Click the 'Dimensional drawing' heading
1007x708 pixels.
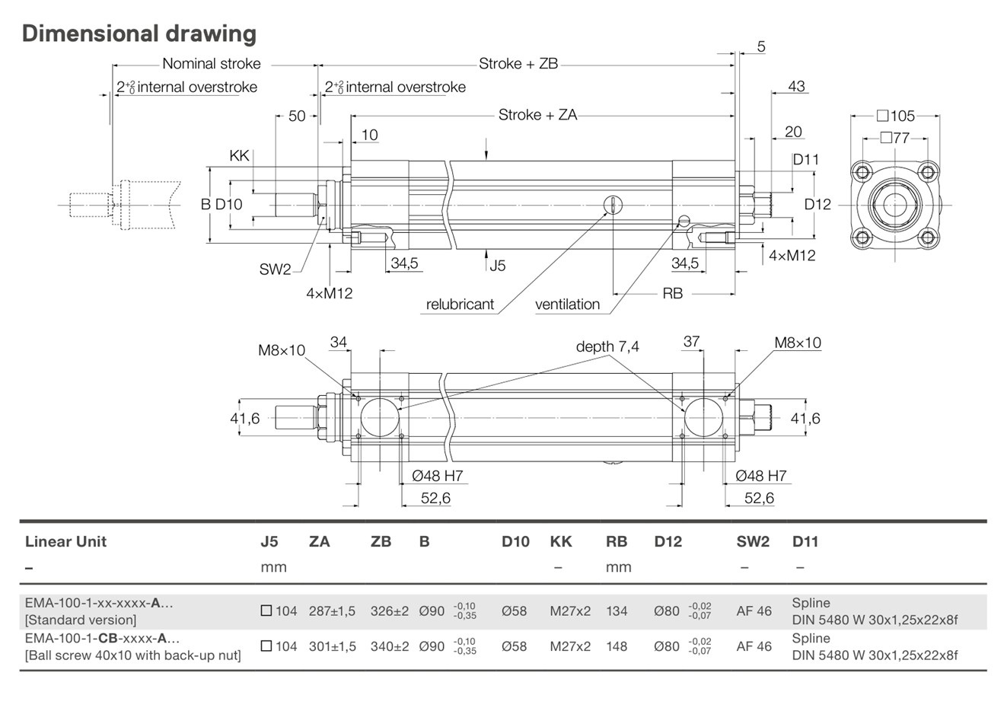pos(139,34)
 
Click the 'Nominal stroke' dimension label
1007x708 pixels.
pos(211,64)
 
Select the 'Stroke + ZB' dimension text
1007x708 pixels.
pos(518,64)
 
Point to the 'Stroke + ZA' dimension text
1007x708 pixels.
pos(537,115)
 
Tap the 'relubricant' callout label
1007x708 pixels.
pos(460,305)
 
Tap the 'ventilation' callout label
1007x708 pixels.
pos(567,305)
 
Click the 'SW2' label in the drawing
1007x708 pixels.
pos(275,269)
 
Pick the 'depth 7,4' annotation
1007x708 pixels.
pos(607,346)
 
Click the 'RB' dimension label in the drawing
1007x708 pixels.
pos(673,293)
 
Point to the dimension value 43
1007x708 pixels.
pos(796,87)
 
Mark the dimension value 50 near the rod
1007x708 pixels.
pos(297,116)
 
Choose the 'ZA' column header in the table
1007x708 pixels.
pos(320,542)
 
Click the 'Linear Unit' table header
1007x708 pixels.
pos(65,542)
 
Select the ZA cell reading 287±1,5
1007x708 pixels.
pos(332,611)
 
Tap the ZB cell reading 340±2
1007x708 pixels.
pos(390,646)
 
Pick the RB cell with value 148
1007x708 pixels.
pos(617,646)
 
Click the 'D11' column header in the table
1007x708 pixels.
pos(805,542)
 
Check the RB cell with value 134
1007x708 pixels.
pos(617,611)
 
